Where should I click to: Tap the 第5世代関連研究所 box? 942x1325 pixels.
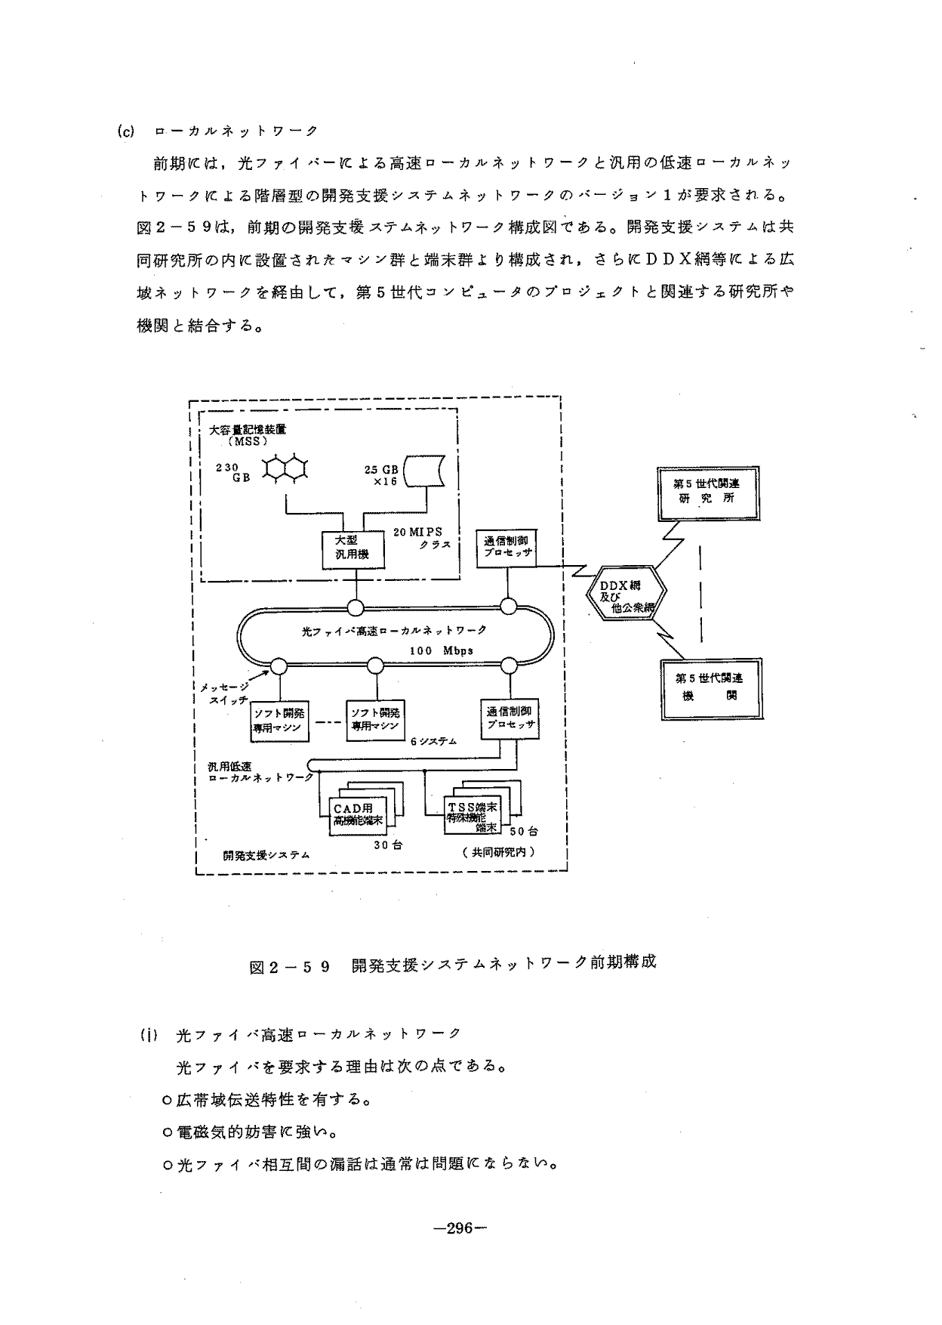[x=709, y=493]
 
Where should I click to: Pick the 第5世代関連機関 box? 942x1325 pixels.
[x=709, y=687]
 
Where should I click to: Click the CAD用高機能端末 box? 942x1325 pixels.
[x=358, y=815]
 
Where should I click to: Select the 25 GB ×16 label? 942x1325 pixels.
[x=381, y=475]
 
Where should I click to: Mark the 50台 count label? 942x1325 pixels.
[x=523, y=831]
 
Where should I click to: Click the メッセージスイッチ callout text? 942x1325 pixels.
[x=224, y=693]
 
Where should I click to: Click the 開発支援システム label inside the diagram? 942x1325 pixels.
[x=266, y=855]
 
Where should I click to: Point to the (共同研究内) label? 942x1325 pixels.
[x=498, y=851]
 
